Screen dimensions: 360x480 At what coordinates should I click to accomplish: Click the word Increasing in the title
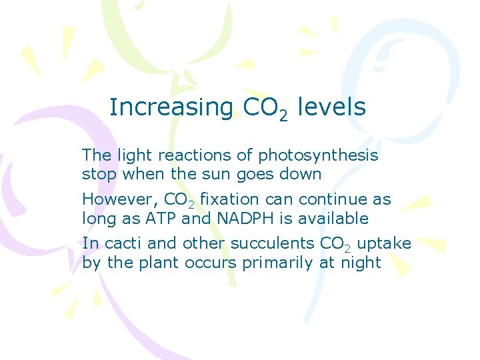[171, 107]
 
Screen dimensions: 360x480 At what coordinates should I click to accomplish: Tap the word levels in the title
[331, 107]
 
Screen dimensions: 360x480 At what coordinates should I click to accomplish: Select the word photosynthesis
[318, 157]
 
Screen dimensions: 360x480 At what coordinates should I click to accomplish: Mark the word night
[360, 263]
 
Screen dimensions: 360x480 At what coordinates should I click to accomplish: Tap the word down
[299, 175]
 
